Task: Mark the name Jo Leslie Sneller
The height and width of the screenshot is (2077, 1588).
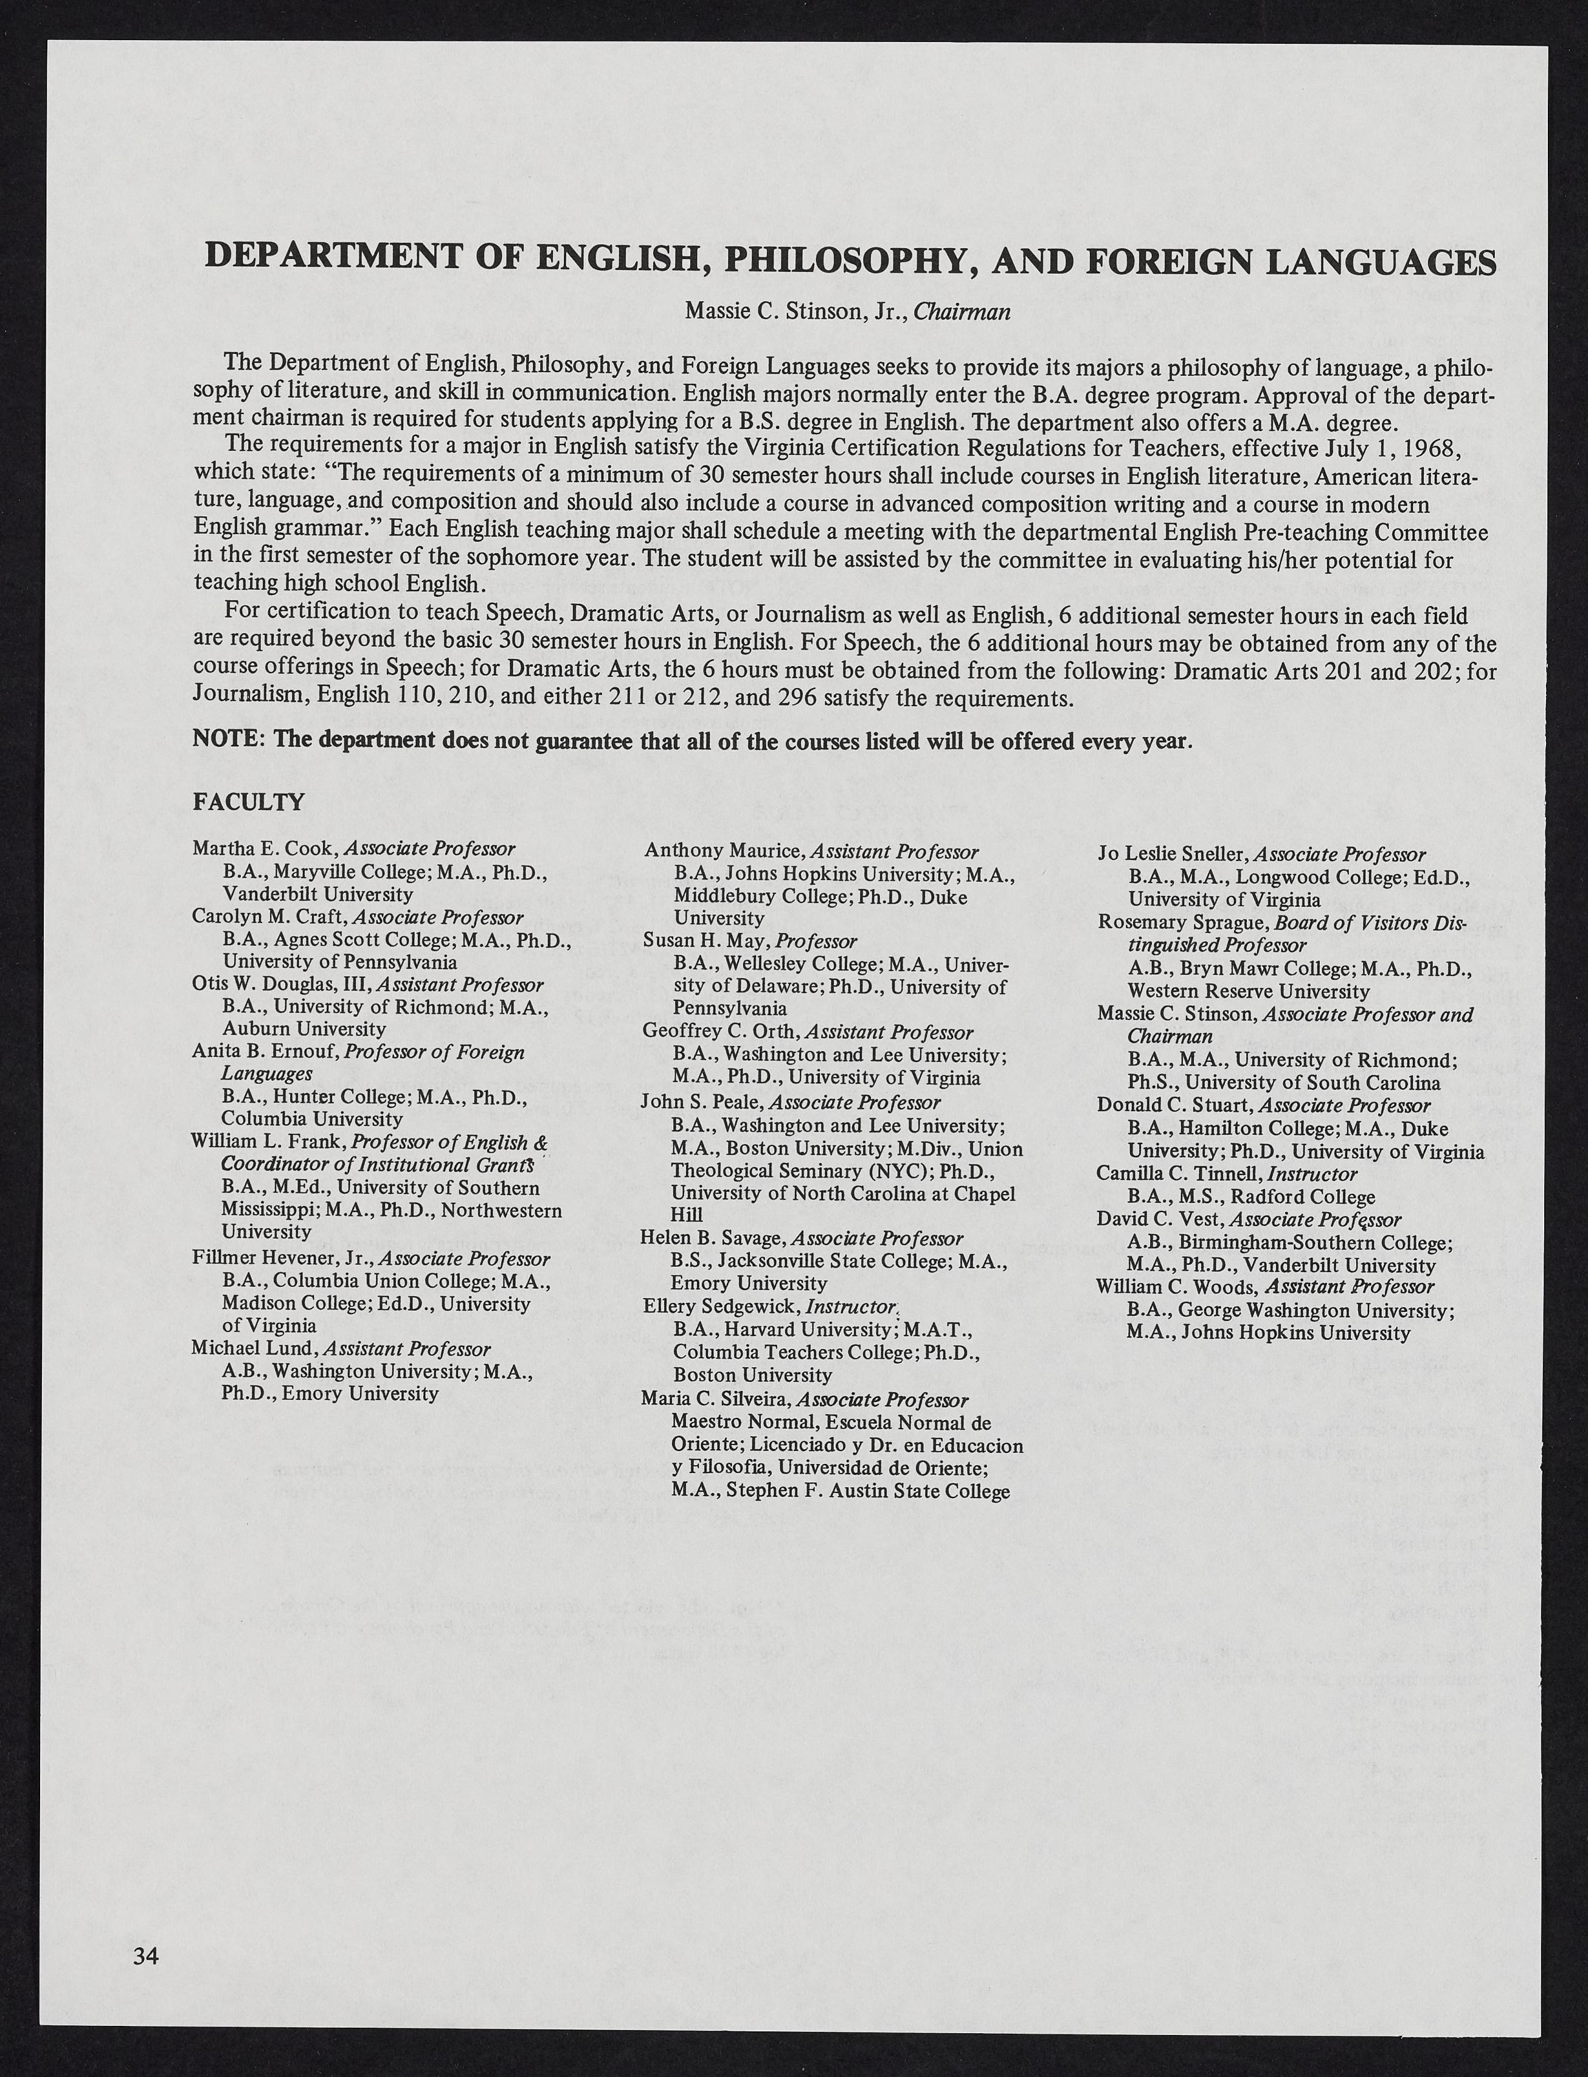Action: point(1172,855)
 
